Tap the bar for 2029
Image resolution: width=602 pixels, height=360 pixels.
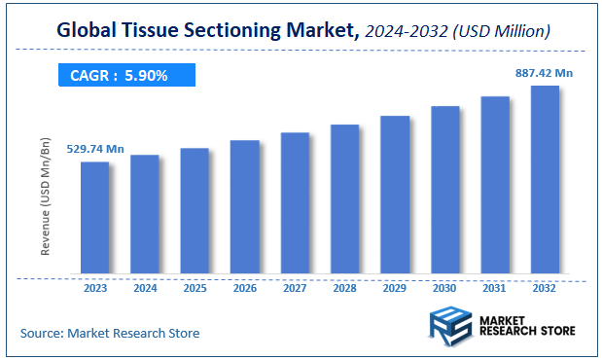coord(394,195)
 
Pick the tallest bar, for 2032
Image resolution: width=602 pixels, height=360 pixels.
coord(545,179)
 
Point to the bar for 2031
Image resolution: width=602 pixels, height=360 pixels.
coord(495,185)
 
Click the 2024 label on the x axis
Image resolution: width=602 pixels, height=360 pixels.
coord(144,288)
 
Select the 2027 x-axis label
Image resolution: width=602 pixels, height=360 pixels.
coord(295,288)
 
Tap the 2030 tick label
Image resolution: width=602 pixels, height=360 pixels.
coord(444,288)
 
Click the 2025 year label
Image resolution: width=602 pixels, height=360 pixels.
coord(195,288)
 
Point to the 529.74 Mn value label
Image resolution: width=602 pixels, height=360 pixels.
coord(95,149)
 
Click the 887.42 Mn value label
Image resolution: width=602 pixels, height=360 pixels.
coord(545,72)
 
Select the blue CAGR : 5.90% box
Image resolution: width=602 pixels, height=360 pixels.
coord(120,75)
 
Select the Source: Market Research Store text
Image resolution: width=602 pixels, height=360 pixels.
coord(109,333)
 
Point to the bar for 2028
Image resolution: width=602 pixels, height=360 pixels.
coord(344,198)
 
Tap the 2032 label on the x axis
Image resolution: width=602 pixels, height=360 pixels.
coord(545,288)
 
